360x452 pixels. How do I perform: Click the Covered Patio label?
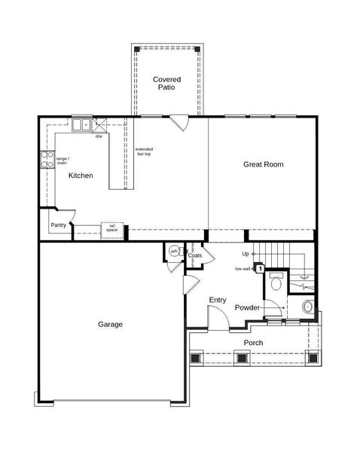166,83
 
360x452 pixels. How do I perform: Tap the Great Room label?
263,164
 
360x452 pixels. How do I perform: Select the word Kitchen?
81,176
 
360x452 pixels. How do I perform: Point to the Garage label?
110,325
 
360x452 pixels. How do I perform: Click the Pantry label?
59,224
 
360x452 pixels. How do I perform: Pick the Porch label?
253,343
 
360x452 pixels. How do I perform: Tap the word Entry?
217,300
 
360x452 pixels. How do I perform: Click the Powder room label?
247,308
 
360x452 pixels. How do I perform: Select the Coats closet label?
195,255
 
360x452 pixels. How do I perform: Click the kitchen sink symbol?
81,125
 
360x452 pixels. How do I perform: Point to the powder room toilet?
276,282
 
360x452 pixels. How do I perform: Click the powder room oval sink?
307,307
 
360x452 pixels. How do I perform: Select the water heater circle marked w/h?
174,252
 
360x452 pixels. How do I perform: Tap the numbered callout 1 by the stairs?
260,267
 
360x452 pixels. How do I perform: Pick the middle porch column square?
243,358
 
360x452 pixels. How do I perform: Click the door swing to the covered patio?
178,121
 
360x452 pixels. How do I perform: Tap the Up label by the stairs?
246,254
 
